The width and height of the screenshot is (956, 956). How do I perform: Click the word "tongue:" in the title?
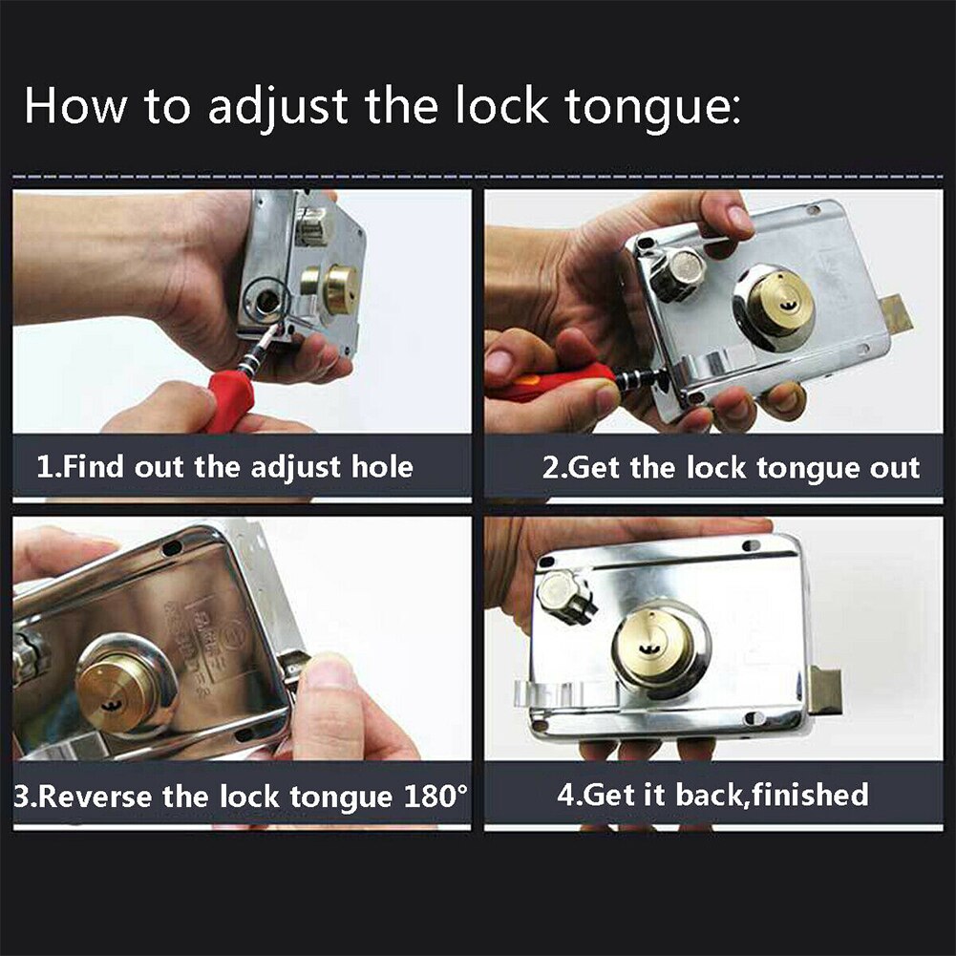[x=652, y=108]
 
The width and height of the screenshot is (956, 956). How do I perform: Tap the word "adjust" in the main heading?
[x=277, y=108]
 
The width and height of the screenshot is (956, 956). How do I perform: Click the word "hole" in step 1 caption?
[x=382, y=467]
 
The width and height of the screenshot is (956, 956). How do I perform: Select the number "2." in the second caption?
[x=556, y=468]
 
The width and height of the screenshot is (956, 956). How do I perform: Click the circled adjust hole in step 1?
[x=266, y=300]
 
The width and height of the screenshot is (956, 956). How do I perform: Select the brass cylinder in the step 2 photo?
[x=780, y=303]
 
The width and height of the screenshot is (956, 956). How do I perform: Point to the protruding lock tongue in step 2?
[x=896, y=316]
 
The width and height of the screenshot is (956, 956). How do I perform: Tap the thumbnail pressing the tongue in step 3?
[x=329, y=670]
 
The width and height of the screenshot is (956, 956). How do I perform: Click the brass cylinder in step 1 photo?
[x=338, y=288]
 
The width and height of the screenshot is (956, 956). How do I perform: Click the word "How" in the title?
[x=75, y=107]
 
